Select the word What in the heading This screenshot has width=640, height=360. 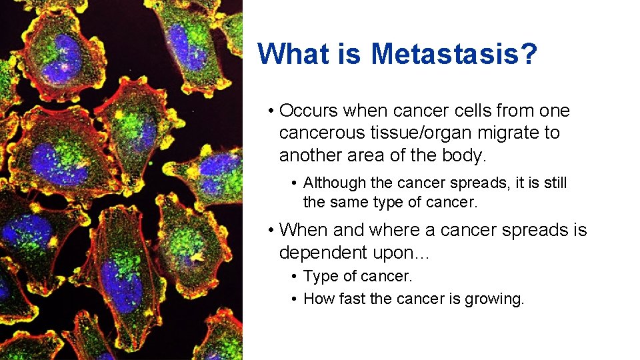click(295, 53)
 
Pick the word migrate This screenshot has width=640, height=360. click(510, 133)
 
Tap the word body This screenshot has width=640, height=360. click(465, 155)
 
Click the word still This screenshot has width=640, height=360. click(553, 183)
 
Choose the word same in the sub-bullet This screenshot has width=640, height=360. click(349, 201)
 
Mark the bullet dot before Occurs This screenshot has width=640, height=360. click(270, 111)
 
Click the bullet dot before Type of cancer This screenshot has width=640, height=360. click(294, 276)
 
